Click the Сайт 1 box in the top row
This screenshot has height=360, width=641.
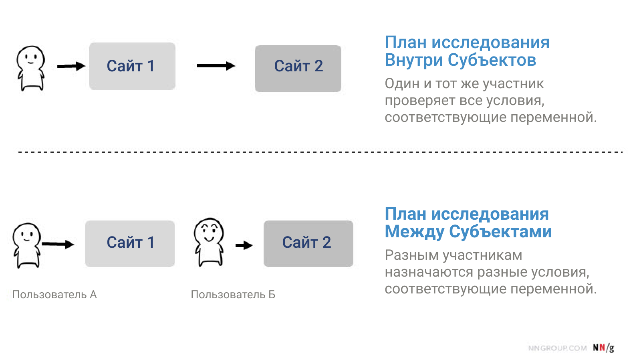point(132,66)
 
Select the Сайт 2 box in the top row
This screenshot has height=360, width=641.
point(298,69)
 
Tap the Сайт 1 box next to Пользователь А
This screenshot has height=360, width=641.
point(130,244)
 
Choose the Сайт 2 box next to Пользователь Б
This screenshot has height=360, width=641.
point(308,244)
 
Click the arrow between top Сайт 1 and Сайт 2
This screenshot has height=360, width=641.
point(216,66)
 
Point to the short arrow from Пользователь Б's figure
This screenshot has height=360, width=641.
point(244,245)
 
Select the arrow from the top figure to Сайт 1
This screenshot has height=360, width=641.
point(71,67)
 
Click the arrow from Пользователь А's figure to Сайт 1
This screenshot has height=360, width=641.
point(58,244)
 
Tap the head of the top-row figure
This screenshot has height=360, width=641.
point(30,57)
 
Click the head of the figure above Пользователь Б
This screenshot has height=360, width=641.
point(209,231)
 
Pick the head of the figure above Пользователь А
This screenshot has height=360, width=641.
point(26,235)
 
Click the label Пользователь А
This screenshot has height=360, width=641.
point(54,295)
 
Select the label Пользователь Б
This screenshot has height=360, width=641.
point(233,295)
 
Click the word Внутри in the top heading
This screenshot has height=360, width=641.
point(413,60)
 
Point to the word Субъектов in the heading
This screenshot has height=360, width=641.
point(492,60)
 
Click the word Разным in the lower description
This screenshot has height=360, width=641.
point(411,256)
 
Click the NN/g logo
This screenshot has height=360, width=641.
point(603,348)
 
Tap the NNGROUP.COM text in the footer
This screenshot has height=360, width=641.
point(557,348)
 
